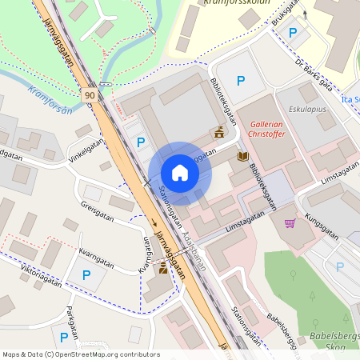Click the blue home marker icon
point(180,173)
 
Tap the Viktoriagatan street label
point(41,276)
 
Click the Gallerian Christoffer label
point(273,130)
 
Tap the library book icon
point(242,157)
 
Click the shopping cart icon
point(290,223)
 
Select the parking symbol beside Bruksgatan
point(293,33)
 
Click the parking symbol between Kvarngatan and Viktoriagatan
point(86,275)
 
